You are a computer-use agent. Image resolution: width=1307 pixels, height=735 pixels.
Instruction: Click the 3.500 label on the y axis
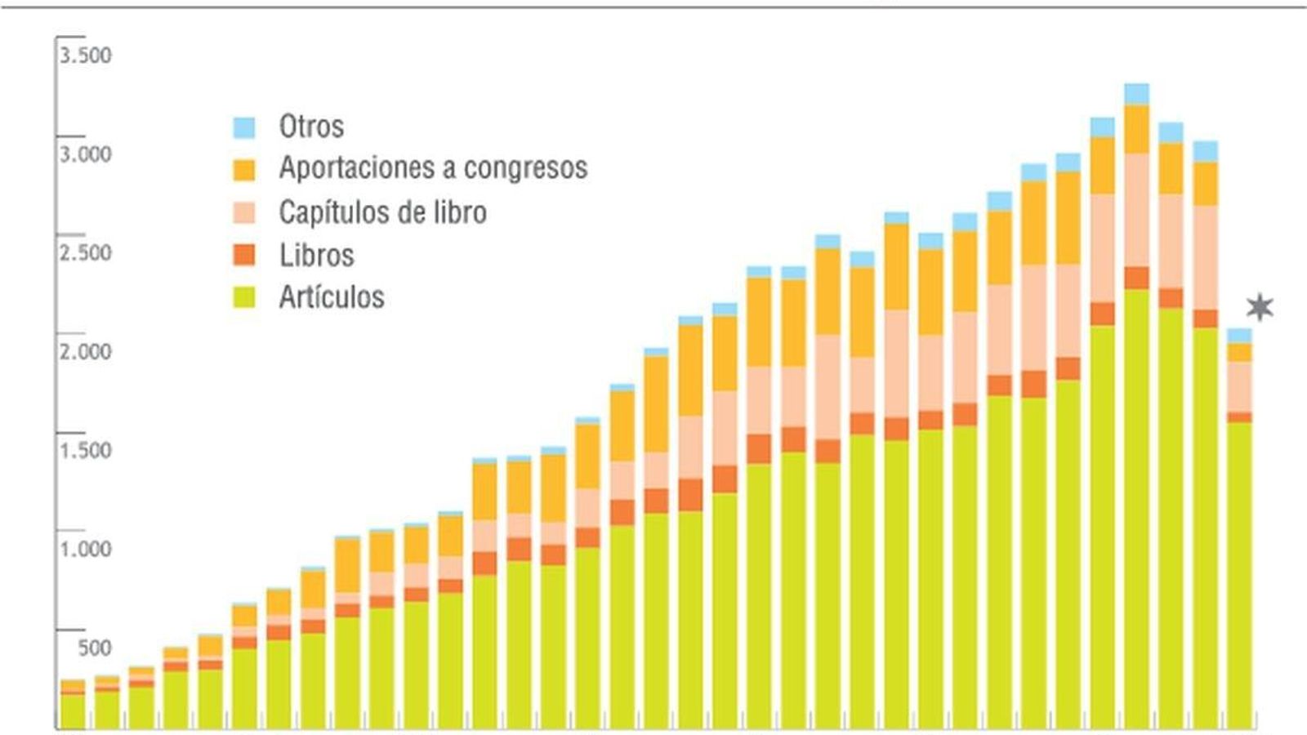click(x=85, y=56)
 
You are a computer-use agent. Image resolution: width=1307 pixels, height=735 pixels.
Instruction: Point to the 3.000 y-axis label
click(x=85, y=154)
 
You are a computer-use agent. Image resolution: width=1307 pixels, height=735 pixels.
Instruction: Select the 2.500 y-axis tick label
click(x=85, y=253)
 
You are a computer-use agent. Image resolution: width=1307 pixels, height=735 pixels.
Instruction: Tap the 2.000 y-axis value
click(x=85, y=352)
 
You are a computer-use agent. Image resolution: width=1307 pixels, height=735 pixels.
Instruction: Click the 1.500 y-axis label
click(x=85, y=451)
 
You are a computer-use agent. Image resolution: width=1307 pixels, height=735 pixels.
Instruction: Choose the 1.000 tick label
click(x=85, y=549)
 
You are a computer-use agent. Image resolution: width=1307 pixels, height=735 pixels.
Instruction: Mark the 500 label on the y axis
click(x=95, y=648)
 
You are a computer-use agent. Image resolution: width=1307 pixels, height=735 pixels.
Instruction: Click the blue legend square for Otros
click(x=244, y=127)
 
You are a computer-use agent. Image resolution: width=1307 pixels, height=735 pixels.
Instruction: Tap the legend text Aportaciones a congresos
click(x=433, y=168)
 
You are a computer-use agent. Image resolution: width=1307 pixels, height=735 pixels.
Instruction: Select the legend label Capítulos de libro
click(x=382, y=212)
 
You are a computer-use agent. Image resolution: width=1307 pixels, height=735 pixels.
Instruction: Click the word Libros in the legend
click(x=316, y=256)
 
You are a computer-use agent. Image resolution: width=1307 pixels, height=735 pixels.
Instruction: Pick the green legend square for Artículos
click(x=244, y=297)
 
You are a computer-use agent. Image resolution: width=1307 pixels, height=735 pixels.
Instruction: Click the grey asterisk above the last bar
click(x=1260, y=307)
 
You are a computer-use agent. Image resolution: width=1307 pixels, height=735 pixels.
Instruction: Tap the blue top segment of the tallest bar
click(x=1136, y=94)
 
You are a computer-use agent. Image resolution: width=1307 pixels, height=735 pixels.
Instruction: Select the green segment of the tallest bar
click(x=1136, y=506)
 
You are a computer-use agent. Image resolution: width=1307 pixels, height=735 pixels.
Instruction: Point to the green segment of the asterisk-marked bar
click(x=1239, y=572)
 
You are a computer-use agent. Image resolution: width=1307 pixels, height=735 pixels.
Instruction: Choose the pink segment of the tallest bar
click(x=1136, y=210)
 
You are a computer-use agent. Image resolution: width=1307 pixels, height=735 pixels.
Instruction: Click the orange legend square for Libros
click(x=244, y=255)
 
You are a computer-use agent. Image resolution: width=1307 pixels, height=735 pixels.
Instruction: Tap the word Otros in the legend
click(x=311, y=127)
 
